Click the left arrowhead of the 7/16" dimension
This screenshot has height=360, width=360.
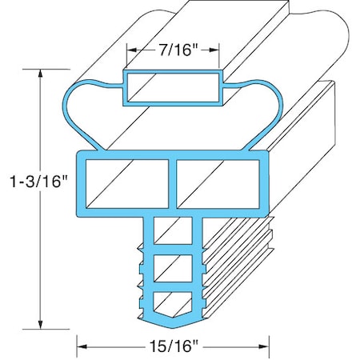point(128,50)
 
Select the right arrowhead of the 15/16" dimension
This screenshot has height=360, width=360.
point(268,346)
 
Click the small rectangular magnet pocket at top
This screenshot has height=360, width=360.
point(171,86)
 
